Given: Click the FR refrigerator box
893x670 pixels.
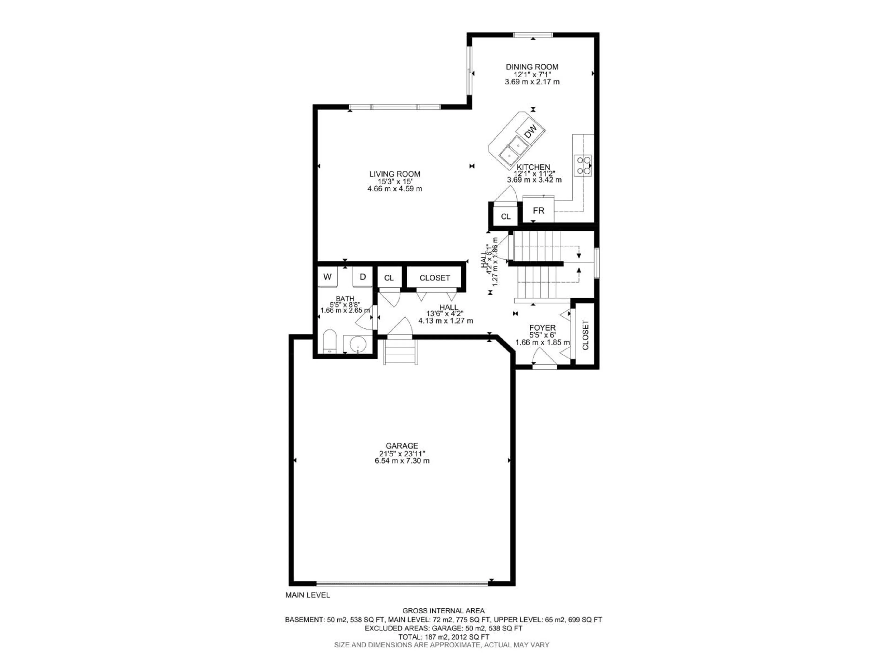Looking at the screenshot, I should click(x=539, y=210).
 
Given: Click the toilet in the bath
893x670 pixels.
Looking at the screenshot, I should click(x=330, y=342).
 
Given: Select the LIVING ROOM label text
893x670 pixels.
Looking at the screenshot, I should click(x=394, y=174).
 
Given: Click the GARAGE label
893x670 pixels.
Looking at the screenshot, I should click(x=401, y=446).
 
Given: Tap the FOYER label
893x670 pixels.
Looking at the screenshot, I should click(x=542, y=328).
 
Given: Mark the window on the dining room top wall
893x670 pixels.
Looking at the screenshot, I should click(x=533, y=35).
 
